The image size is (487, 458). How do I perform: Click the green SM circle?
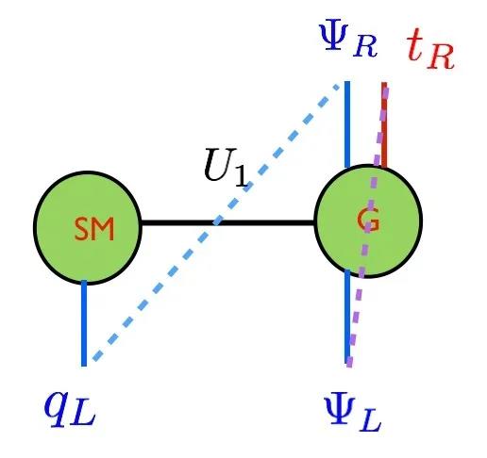(88, 228)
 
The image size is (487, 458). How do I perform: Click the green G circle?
(368, 221)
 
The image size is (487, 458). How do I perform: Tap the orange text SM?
(94, 229)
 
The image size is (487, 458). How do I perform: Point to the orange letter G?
(368, 220)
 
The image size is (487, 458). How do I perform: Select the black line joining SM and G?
(227, 222)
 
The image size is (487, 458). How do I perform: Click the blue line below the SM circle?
(84, 323)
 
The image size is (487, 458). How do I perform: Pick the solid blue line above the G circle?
(347, 124)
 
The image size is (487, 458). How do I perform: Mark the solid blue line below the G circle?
(347, 316)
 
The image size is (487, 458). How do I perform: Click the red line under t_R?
(384, 124)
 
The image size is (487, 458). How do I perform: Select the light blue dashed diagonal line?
(215, 222)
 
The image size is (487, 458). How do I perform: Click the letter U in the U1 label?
(220, 164)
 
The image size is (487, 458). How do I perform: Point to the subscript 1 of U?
(243, 176)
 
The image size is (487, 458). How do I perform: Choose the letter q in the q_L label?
(58, 408)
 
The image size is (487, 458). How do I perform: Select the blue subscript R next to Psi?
(365, 46)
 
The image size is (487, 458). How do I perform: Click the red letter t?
(414, 45)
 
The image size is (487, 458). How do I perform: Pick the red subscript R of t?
(441, 57)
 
